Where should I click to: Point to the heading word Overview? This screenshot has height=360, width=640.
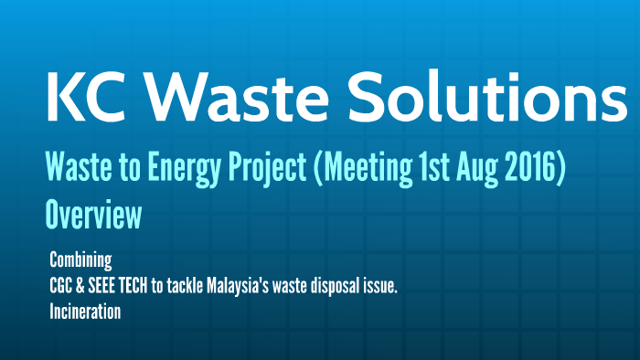(x=92, y=216)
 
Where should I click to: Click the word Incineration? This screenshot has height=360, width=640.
(x=86, y=312)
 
